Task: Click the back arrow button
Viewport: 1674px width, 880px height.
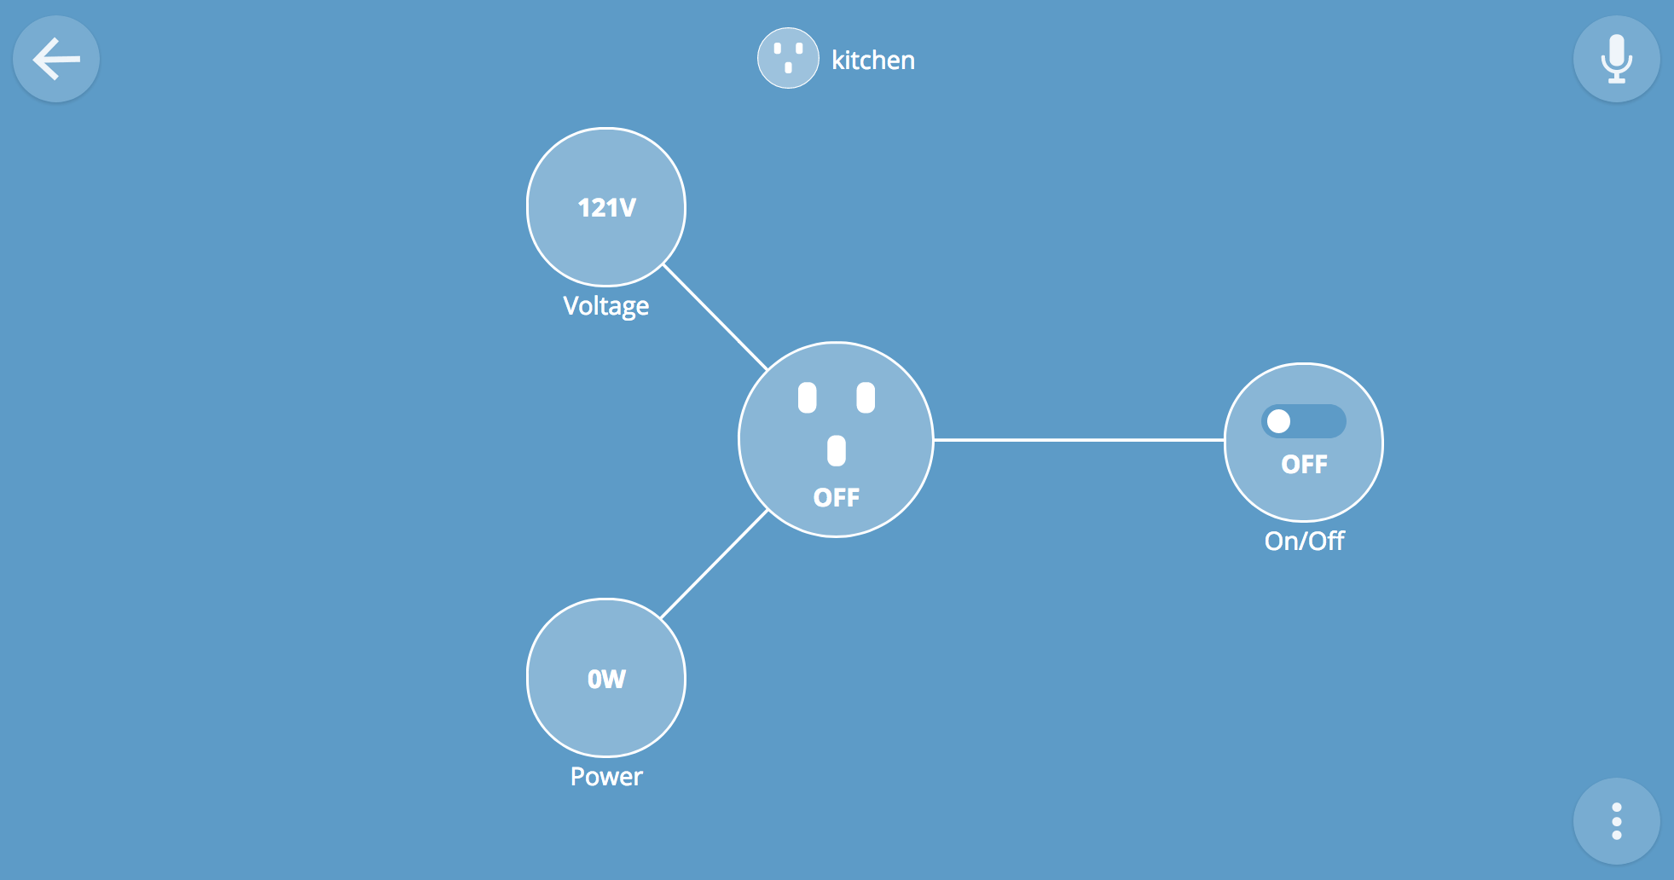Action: coord(56,60)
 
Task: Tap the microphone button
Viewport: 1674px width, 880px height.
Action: coord(1616,60)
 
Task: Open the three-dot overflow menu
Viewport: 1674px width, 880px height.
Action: coord(1616,821)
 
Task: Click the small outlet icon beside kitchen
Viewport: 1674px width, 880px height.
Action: coord(788,59)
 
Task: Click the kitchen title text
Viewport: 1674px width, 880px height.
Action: coord(872,61)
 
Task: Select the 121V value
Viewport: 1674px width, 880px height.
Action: coord(606,208)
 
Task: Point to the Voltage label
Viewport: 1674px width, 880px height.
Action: coord(605,306)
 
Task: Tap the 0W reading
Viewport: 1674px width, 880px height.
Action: coord(606,679)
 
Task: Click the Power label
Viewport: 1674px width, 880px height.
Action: coord(606,777)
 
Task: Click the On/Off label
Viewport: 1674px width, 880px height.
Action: coord(1304,541)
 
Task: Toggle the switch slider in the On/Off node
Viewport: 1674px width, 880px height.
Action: coord(1304,421)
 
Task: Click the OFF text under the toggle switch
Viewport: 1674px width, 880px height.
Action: coord(1304,465)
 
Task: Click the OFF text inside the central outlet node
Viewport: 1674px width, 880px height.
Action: coord(836,498)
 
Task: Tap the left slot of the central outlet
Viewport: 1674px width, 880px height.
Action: coord(807,398)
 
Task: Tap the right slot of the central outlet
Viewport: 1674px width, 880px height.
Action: coord(866,398)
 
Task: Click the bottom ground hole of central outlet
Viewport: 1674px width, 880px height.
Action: coord(837,450)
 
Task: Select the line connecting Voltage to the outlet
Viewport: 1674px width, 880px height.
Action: coord(715,316)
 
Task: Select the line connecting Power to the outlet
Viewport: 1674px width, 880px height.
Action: coord(715,564)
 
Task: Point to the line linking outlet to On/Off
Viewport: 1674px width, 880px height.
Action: coord(1079,440)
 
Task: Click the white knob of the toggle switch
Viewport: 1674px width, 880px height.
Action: coord(1278,421)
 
